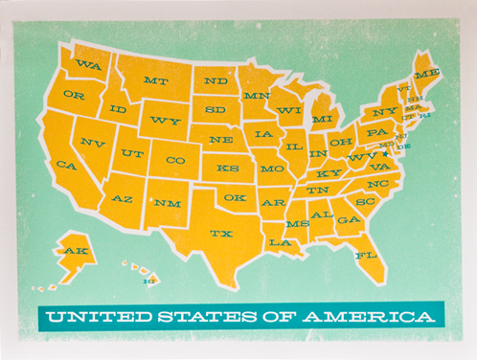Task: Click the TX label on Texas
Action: tap(221, 233)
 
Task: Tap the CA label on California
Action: tap(66, 165)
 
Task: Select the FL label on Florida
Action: tap(365, 256)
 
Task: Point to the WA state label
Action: tap(88, 65)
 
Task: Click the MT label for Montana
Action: tap(156, 80)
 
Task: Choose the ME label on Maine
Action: tap(427, 73)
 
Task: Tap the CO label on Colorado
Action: tap(174, 160)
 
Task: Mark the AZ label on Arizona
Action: tap(123, 198)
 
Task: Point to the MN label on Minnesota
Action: tap(256, 96)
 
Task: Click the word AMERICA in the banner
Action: tap(374, 315)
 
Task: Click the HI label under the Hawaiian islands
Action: tap(148, 281)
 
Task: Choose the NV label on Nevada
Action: tap(93, 143)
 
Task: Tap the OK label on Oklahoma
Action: tap(235, 197)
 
